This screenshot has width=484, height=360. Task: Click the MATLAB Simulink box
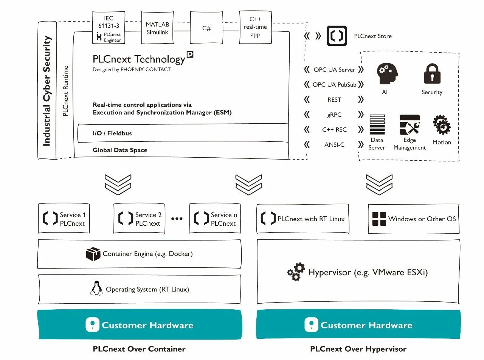tap(157, 28)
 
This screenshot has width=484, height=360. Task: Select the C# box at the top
tap(206, 28)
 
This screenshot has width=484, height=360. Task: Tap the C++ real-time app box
tap(255, 27)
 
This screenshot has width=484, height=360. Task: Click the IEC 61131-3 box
tap(109, 27)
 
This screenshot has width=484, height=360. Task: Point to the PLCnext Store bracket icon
tap(337, 36)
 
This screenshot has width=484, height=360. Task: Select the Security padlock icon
tap(432, 73)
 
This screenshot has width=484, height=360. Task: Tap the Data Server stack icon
tap(377, 125)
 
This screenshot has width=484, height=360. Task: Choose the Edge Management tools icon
tap(410, 125)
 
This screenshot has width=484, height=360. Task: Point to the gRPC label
tap(334, 115)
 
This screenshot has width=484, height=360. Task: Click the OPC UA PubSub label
tap(334, 85)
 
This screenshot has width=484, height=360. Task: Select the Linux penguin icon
tap(96, 288)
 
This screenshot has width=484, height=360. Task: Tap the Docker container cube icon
tap(93, 254)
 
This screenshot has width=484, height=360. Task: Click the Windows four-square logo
tap(379, 219)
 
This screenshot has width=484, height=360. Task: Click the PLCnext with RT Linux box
tap(302, 219)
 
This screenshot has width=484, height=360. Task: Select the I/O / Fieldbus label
tap(112, 133)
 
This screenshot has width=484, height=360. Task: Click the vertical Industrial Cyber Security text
tap(47, 91)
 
